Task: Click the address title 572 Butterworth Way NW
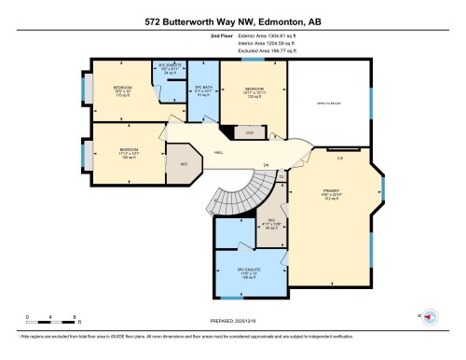(x=232, y=20)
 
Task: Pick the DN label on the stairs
(x=266, y=165)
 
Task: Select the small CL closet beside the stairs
(x=281, y=174)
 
